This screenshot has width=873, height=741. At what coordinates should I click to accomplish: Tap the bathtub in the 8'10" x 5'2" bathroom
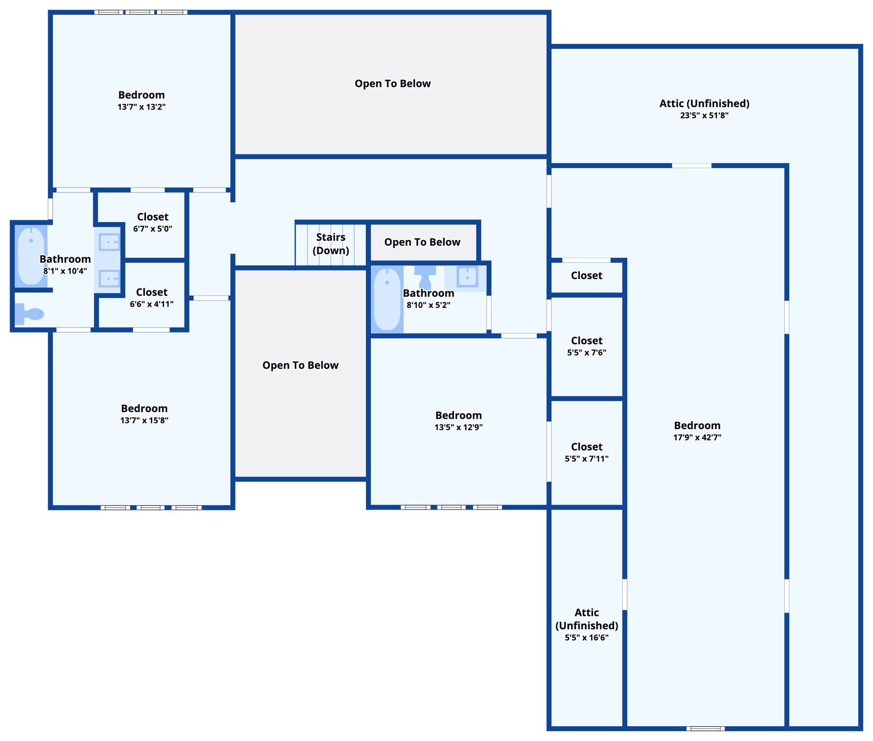(x=387, y=299)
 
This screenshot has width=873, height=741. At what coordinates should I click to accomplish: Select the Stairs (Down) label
(x=331, y=244)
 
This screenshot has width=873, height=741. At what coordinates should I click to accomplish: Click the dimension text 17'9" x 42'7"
(x=697, y=438)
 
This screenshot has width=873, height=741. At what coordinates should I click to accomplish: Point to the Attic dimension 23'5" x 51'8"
(x=704, y=115)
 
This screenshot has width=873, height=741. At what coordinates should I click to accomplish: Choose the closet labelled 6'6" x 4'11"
(x=151, y=297)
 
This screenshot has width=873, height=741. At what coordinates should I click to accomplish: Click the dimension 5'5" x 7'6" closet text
(x=587, y=353)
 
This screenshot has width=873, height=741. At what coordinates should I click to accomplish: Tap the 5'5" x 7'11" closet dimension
(x=587, y=459)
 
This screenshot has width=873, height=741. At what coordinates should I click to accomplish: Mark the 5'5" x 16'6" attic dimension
(x=587, y=638)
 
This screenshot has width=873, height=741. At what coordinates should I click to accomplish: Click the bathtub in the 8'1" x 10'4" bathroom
(x=31, y=256)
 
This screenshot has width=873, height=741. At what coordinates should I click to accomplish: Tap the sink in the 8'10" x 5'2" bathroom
(x=467, y=277)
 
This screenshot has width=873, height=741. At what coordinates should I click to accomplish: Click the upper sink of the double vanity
(x=109, y=242)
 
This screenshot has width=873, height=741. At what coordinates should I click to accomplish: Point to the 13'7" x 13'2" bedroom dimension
(x=142, y=107)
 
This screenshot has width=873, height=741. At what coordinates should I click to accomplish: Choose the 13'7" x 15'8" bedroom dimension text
(x=144, y=420)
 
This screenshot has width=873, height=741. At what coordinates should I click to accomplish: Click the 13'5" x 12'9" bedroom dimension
(x=458, y=427)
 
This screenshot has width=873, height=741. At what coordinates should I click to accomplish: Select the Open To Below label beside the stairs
(x=422, y=242)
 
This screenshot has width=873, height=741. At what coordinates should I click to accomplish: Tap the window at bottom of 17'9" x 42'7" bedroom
(x=705, y=728)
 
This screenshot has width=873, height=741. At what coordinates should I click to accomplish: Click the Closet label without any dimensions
(x=587, y=275)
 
